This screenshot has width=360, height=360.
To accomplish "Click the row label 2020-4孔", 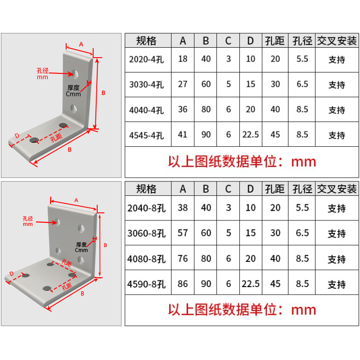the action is (147, 59).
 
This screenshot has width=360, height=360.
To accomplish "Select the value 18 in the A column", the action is (183, 59).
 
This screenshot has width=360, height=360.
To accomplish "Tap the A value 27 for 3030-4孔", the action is (183, 84).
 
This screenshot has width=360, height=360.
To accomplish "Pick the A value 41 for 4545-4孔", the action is (183, 134).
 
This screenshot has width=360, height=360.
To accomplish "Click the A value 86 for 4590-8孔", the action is (183, 284).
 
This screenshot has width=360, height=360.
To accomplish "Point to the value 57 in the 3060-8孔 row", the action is (183, 233).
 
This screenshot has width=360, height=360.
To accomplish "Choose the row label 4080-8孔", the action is (147, 259).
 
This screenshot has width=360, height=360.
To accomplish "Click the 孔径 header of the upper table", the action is (302, 41).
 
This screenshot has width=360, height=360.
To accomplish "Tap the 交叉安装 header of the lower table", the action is (337, 189).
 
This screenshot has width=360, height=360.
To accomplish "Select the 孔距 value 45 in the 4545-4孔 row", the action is (275, 134).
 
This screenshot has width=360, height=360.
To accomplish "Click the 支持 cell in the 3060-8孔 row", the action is (337, 234).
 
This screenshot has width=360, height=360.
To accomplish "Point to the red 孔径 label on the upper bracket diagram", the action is (43, 73).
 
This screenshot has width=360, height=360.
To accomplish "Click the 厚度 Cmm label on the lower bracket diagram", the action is (81, 247).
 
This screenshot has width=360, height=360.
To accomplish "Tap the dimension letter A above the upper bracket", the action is (81, 44).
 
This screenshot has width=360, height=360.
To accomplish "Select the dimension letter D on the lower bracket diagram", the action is (12, 273).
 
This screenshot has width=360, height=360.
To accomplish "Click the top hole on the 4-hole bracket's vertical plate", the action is (75, 72).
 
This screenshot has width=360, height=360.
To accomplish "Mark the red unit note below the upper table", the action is (242, 161).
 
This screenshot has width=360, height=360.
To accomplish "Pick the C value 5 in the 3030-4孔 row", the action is (228, 84).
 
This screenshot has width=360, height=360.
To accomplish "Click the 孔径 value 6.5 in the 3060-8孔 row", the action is (302, 233).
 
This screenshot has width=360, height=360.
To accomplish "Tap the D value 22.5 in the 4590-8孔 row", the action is (251, 284).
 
